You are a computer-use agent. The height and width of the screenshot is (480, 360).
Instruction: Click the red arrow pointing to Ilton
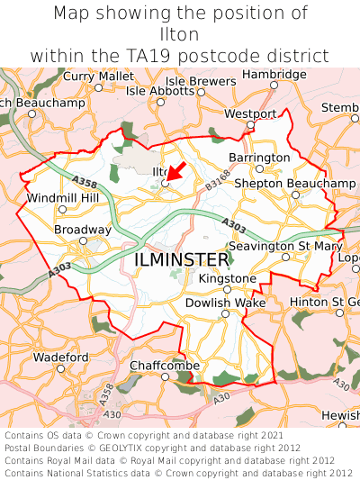tap(177, 169)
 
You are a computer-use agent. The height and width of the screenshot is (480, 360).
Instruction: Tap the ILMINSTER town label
tap(181, 259)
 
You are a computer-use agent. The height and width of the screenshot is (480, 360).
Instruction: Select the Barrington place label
tap(259, 158)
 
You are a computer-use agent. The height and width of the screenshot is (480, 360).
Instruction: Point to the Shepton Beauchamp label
tap(294, 184)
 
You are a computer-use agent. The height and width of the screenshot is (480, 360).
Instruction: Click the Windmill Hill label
tap(62, 198)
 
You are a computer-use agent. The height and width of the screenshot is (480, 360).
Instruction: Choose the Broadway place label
tap(82, 231)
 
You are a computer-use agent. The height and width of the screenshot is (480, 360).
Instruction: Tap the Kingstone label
tap(227, 279)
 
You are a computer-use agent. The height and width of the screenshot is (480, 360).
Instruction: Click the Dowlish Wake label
tap(225, 303)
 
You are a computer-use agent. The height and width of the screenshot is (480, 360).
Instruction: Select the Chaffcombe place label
tap(164, 366)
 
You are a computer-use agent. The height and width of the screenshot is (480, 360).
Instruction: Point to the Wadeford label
tap(60, 358)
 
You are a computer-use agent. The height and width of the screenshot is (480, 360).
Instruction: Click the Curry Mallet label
tap(98, 77)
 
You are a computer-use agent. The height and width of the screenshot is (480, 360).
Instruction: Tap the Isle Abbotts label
tap(159, 91)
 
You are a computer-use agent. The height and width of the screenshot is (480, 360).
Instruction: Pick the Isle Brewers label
tap(200, 81)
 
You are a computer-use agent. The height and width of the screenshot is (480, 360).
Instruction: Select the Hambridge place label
tap(274, 74)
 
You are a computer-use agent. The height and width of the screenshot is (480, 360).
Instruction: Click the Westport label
tap(250, 114)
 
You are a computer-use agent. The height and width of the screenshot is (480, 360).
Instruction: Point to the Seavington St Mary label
tap(285, 246)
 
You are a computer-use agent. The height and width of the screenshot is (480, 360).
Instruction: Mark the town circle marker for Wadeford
tap(60, 368)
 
